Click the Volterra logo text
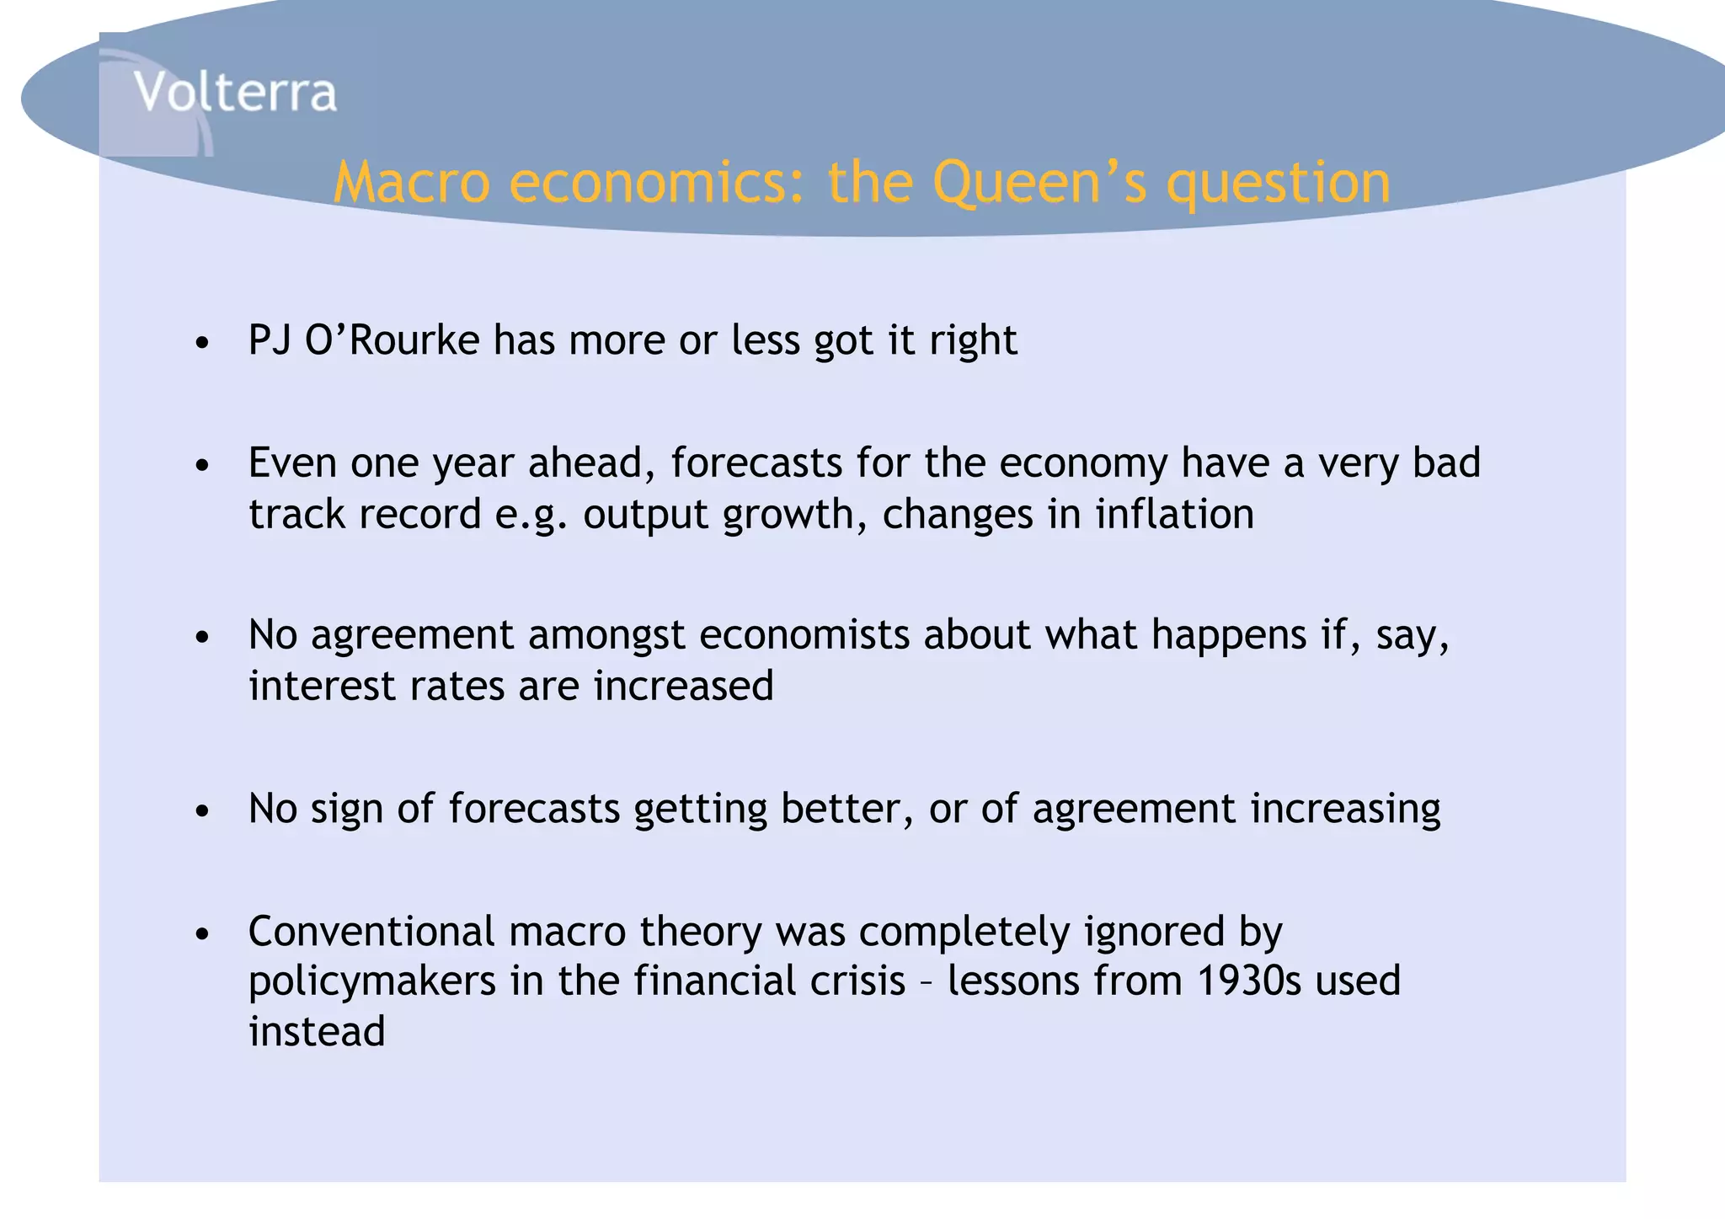pos(235,92)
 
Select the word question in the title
pos(1278,184)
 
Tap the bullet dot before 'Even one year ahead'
pos(201,466)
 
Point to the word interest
pos(322,686)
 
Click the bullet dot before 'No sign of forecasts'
pos(201,811)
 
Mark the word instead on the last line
pos(317,1032)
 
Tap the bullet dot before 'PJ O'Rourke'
pos(201,344)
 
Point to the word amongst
pos(606,636)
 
